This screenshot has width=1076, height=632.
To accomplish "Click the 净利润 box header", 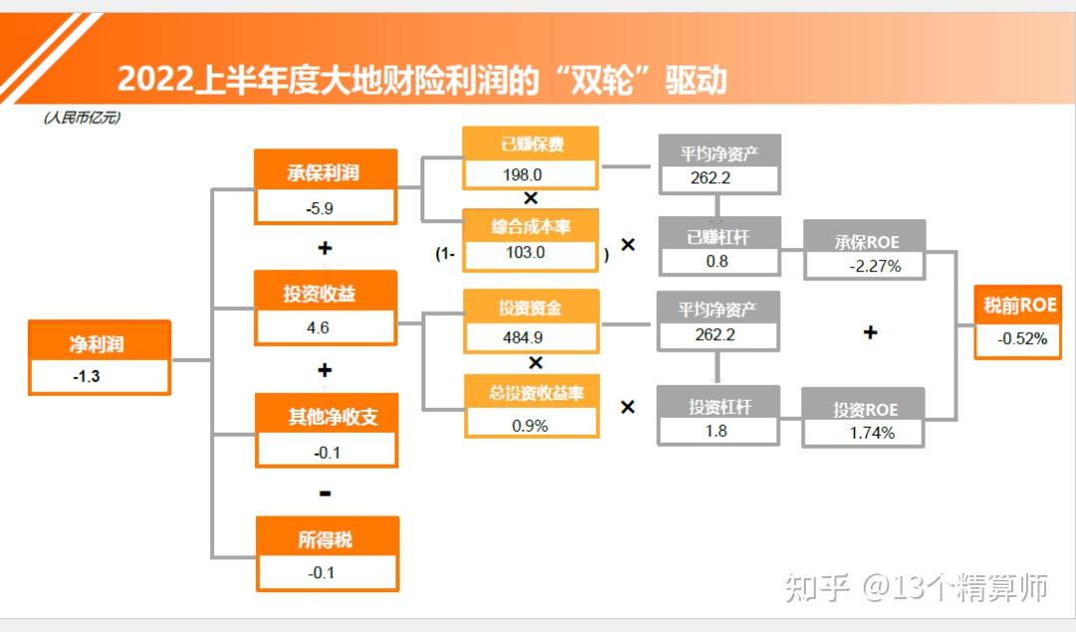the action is (97, 344).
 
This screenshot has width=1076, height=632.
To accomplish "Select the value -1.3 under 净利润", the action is (87, 377).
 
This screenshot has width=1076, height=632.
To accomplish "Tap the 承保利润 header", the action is (323, 172).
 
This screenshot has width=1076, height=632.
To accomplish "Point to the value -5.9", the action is (320, 208).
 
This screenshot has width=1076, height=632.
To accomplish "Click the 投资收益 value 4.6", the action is (318, 328).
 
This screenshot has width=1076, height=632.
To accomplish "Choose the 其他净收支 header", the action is (333, 417).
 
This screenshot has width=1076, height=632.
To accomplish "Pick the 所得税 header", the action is (325, 539).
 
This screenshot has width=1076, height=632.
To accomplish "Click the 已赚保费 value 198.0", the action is (522, 175).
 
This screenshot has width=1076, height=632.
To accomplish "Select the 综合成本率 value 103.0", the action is (526, 253).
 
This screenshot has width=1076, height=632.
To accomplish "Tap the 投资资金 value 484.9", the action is (523, 337).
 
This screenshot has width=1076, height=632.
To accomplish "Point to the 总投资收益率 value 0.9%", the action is (530, 426).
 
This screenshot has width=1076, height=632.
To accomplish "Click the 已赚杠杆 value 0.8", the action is (717, 262).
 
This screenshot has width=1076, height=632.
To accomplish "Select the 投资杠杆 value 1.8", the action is (715, 431).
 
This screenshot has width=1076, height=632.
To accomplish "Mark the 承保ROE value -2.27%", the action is (875, 266).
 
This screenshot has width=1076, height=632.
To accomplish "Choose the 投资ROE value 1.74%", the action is (872, 433).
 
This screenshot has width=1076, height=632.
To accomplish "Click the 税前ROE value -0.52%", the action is (1022, 339).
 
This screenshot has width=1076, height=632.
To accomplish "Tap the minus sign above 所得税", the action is (325, 493).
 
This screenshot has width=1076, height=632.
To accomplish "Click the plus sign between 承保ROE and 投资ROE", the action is (870, 333).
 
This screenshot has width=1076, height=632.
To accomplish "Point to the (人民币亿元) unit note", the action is (83, 118).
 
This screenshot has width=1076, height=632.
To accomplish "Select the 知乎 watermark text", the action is (817, 587).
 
